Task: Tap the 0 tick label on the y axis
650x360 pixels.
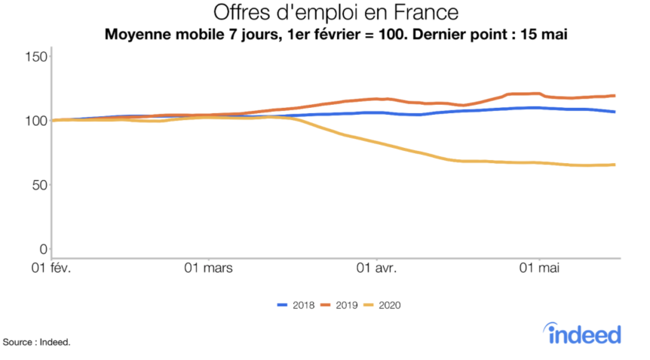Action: click(44, 249)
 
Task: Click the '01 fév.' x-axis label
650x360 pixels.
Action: click(52, 269)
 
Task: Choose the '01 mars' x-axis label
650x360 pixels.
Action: click(209, 269)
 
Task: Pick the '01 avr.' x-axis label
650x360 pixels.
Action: click(377, 269)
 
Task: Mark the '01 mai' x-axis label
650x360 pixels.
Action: click(540, 269)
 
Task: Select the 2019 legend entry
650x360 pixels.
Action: click(340, 305)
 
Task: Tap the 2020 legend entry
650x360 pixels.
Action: click(383, 305)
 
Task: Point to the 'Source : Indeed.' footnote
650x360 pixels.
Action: click(37, 343)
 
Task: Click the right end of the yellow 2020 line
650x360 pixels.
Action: click(614, 165)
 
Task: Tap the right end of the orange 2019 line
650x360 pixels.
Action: click(614, 96)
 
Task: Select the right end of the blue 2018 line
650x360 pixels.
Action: click(614, 112)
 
